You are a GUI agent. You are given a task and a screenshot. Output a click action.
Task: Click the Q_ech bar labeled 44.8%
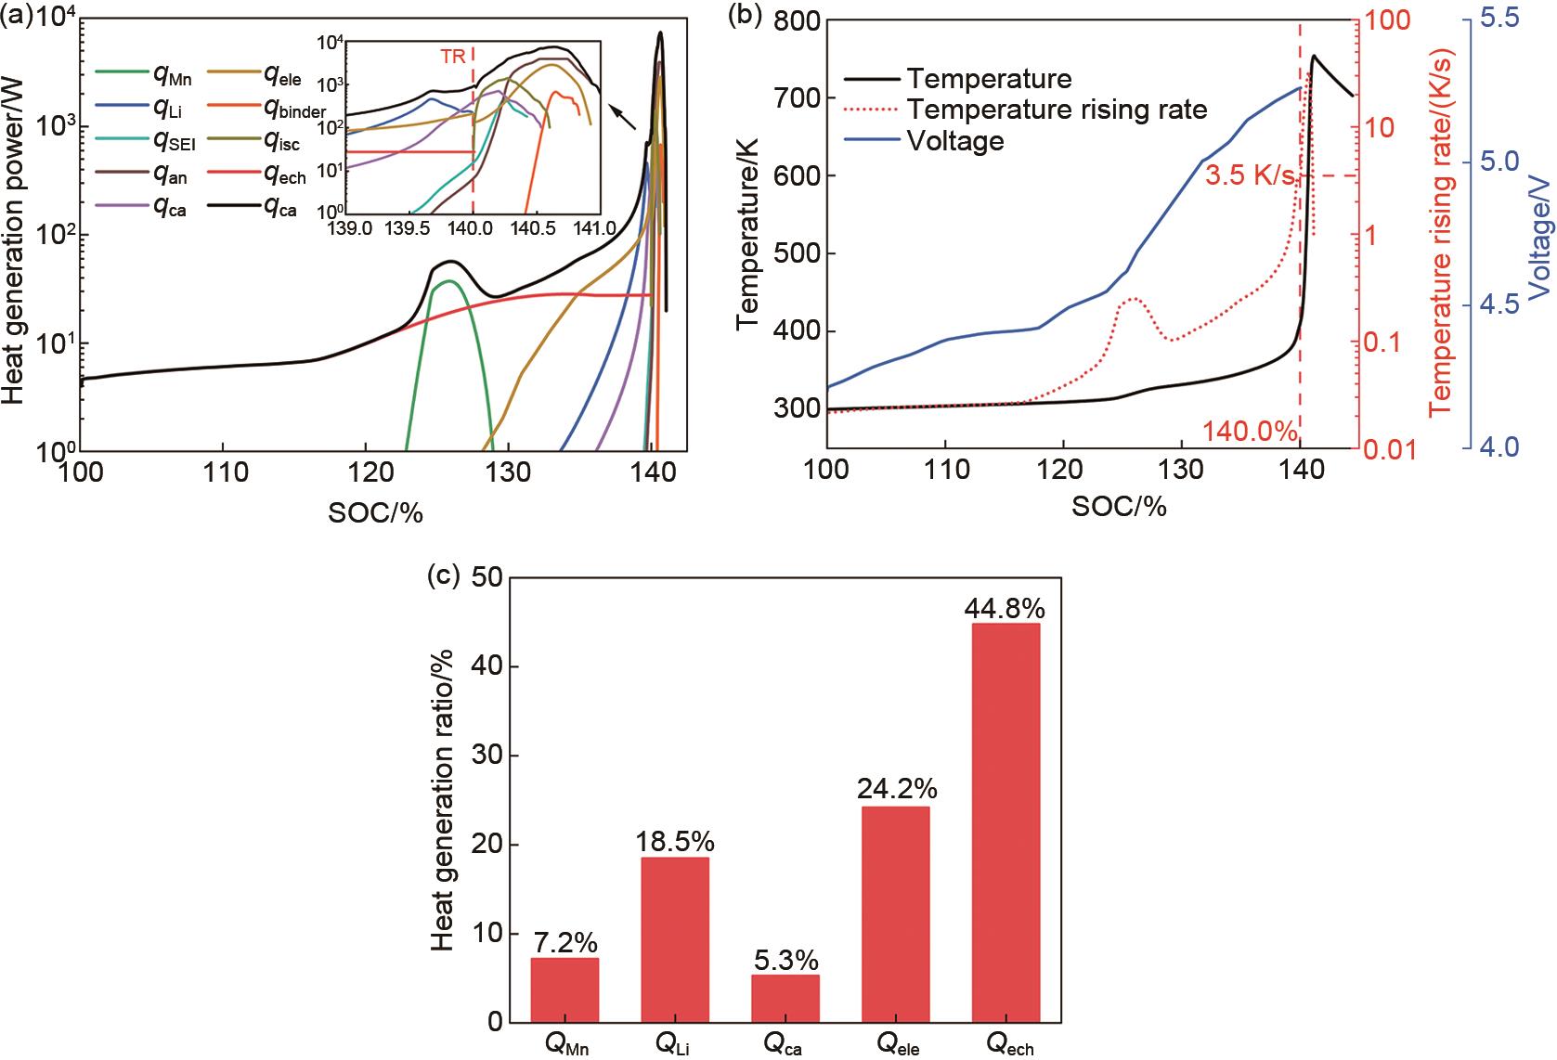[x=1005, y=822]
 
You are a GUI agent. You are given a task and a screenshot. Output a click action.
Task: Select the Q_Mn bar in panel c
[x=564, y=989]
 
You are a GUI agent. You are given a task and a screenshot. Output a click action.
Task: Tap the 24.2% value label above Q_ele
[x=896, y=789]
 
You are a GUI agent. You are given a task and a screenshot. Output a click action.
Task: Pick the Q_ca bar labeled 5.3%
[x=785, y=998]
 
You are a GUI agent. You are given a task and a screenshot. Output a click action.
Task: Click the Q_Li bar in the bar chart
[x=675, y=939]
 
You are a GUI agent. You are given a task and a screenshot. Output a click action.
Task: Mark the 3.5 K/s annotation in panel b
[x=1249, y=174]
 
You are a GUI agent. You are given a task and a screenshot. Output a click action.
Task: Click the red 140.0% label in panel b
[x=1249, y=431]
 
